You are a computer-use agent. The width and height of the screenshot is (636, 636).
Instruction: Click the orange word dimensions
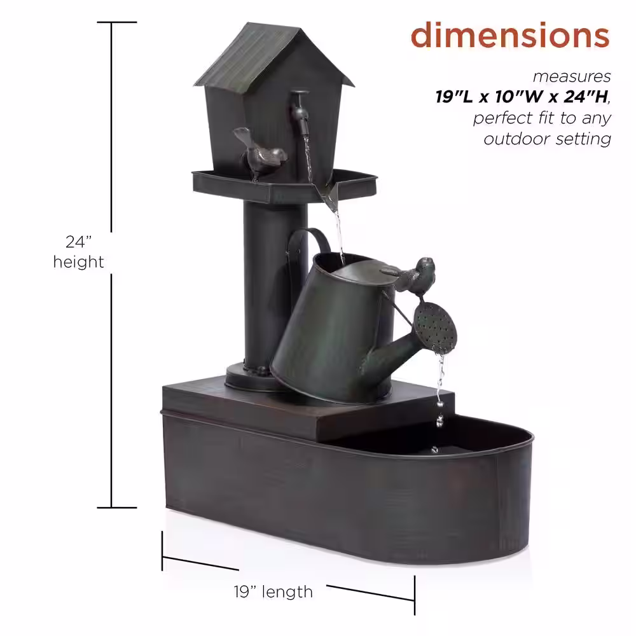pyautogui.click(x=510, y=35)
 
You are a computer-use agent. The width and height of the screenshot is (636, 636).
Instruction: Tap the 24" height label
pyautogui.click(x=78, y=252)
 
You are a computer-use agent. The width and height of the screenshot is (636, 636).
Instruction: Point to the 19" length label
pyautogui.click(x=273, y=591)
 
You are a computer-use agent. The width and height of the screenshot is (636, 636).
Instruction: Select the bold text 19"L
pyautogui.click(x=454, y=97)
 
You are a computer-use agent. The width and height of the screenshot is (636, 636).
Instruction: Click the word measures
pyautogui.click(x=572, y=77)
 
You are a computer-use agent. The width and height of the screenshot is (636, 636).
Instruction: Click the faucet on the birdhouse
pyautogui.click(x=300, y=110)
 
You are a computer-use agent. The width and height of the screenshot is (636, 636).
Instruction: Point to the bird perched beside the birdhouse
pyautogui.click(x=259, y=153)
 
